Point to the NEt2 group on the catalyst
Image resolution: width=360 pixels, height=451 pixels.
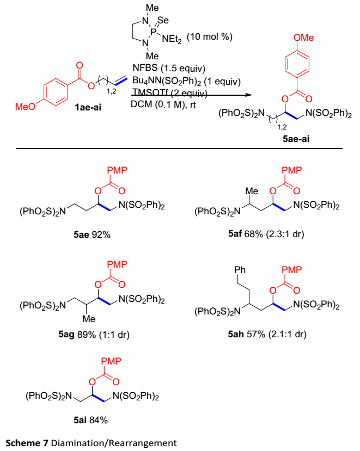point(172,38)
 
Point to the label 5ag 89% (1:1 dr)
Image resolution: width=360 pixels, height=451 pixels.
point(95,333)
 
